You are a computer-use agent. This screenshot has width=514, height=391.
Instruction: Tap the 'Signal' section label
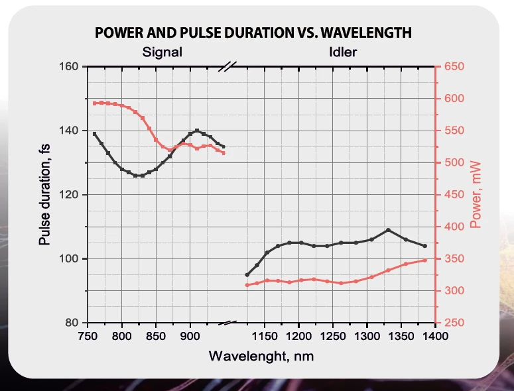click(x=162, y=52)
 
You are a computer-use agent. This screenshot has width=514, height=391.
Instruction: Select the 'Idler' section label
click(x=343, y=52)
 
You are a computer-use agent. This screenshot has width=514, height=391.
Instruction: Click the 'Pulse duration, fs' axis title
click(x=45, y=196)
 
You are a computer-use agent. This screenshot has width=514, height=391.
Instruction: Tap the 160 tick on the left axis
click(x=70, y=66)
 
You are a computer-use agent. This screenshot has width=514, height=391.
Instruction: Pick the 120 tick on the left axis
click(x=70, y=195)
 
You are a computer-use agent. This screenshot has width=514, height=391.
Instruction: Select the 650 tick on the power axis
click(x=454, y=66)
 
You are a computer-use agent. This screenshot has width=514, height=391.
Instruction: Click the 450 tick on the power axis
click(x=454, y=195)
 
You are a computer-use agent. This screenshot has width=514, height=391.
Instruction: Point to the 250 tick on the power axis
click(x=454, y=323)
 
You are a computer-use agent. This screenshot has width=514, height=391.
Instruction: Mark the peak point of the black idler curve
click(x=388, y=230)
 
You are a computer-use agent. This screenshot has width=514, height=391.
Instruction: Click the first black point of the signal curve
click(x=94, y=134)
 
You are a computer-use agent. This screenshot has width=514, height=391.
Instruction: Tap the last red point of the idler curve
click(x=424, y=260)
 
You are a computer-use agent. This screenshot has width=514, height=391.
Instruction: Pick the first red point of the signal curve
click(x=94, y=103)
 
